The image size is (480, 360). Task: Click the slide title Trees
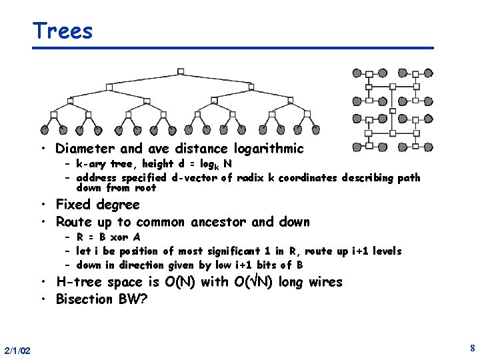click(x=63, y=31)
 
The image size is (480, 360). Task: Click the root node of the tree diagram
click(x=181, y=71)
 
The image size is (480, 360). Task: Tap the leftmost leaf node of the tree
click(x=45, y=130)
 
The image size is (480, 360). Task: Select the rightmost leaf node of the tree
click(x=317, y=130)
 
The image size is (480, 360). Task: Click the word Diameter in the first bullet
click(x=85, y=149)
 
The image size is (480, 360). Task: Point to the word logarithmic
click(x=266, y=149)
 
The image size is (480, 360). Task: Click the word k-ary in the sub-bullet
click(x=92, y=164)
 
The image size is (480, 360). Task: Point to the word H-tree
click(x=80, y=282)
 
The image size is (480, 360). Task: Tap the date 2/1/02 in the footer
click(x=17, y=350)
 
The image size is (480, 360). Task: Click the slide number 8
click(x=471, y=348)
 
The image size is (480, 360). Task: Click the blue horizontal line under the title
click(x=233, y=48)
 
